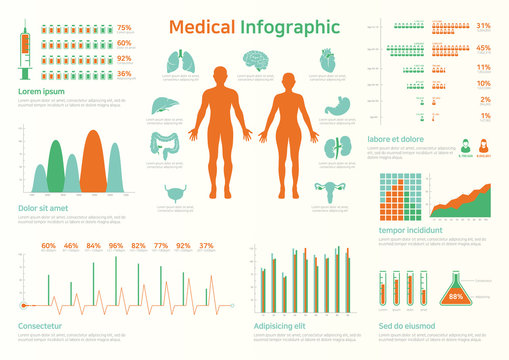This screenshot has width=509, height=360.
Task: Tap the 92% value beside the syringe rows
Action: click(124, 59)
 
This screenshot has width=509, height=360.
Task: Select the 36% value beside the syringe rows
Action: click(124, 74)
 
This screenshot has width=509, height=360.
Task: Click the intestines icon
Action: click(166, 147)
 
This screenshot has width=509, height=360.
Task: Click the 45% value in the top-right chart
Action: click(483, 47)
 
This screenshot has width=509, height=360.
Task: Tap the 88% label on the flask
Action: click(456, 297)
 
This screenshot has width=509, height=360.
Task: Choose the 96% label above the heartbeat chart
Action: click(116, 245)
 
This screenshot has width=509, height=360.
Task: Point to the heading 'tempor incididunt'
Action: click(411, 229)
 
